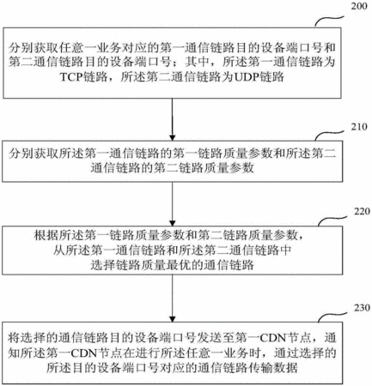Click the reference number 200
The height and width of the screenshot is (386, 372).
tap(359, 6)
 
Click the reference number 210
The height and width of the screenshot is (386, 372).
tap(359, 127)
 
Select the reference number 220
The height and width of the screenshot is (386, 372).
tap(363, 212)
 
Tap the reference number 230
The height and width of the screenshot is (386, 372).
tap(363, 308)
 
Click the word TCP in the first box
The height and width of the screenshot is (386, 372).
tap(71, 77)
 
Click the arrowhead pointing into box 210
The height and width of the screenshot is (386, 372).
tap(172, 137)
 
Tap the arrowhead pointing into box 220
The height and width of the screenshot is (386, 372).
tap(172, 223)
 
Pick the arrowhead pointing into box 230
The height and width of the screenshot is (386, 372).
tap(172, 319)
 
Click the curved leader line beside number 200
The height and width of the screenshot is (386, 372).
tap(328, 20)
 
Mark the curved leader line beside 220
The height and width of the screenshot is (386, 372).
tap(332, 220)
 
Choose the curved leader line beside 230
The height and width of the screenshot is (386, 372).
tap(332, 316)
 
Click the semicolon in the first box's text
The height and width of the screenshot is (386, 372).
tap(176, 63)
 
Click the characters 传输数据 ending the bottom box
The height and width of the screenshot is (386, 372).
tap(273, 367)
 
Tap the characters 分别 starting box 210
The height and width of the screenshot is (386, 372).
tap(21, 154)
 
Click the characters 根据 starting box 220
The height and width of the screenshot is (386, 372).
tap(46, 236)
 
